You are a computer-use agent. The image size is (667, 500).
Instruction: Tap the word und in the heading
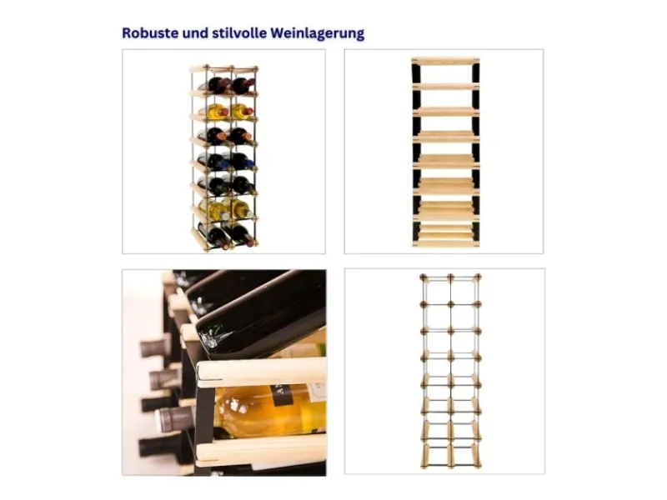pos(196,33)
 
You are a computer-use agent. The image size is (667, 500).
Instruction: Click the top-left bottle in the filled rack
pos(215,85)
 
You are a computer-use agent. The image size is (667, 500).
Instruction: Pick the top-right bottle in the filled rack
pos(243,85)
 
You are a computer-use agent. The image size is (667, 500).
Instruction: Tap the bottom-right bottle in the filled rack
pos(243,236)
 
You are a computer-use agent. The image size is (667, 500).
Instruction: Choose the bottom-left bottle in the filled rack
pos(214,236)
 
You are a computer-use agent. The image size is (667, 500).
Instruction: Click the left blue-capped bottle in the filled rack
pos(214,161)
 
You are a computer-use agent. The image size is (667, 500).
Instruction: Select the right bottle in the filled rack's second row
pos(243,112)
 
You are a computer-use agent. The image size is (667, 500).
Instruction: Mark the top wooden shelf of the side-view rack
pos(445,61)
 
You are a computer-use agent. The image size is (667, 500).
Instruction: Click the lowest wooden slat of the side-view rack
pos(445,243)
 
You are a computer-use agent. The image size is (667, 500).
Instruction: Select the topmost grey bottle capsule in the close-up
pos(157,347)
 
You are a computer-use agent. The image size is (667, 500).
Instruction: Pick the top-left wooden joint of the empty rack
pos(424,277)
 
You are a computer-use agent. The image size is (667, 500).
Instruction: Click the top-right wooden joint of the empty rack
pos(478,277)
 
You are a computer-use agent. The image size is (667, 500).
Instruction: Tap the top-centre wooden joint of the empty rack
pos(450,277)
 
